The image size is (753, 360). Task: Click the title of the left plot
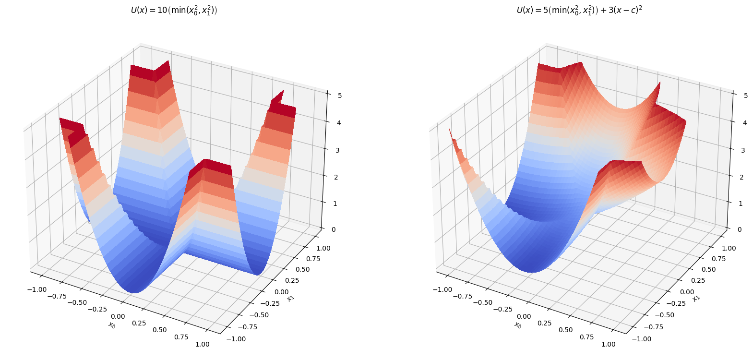click(x=174, y=10)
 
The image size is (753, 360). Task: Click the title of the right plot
click(x=579, y=10)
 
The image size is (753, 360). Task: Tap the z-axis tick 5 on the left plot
click(x=340, y=96)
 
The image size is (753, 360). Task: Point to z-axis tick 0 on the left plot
click(x=333, y=229)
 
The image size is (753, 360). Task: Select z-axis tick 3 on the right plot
click(x=743, y=150)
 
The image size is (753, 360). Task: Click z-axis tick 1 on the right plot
click(x=740, y=204)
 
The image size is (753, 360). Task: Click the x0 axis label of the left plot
click(x=112, y=325)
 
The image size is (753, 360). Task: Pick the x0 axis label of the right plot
click(x=517, y=325)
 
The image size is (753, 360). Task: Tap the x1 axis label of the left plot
click(x=290, y=298)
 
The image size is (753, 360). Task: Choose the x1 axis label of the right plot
click(x=696, y=298)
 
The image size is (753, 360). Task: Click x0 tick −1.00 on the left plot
click(x=36, y=289)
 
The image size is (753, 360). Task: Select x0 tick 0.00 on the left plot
click(x=118, y=316)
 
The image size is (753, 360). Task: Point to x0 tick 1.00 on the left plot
click(x=203, y=344)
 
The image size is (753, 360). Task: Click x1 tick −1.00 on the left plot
click(x=236, y=339)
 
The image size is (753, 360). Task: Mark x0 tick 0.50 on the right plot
click(x=565, y=330)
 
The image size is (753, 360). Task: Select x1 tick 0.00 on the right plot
click(x=687, y=292)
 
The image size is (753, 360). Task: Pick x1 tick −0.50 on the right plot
click(x=664, y=315)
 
